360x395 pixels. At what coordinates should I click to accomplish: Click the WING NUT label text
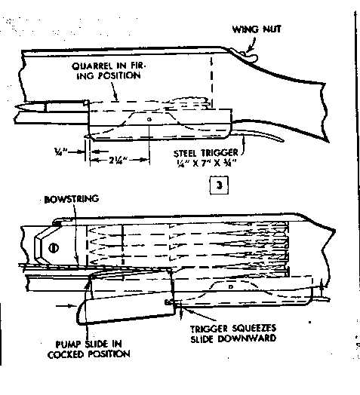(x=257, y=29)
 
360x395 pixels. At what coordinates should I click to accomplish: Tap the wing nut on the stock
(x=250, y=57)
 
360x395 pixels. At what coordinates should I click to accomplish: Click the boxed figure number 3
(x=219, y=185)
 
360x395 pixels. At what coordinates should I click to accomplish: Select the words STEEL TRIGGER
(x=205, y=153)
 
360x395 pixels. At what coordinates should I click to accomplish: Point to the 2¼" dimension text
(x=118, y=160)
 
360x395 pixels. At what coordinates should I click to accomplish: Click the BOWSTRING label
(x=72, y=199)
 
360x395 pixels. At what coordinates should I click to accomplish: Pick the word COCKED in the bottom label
(x=66, y=354)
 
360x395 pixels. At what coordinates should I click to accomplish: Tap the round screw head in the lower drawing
(x=54, y=248)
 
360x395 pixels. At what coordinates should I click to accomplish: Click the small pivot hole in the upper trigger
(x=149, y=119)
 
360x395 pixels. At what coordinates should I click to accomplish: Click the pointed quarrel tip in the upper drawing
(x=17, y=106)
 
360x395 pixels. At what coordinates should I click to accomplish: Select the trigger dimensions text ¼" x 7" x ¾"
(x=206, y=164)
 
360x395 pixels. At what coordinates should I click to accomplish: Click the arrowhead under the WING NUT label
(x=250, y=50)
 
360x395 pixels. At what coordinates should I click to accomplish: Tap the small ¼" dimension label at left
(x=60, y=152)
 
